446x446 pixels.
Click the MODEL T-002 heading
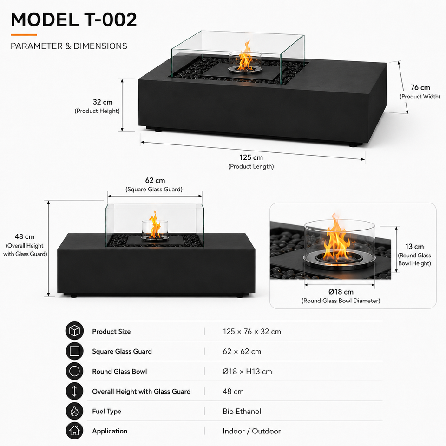point(74,20)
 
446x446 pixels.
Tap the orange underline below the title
point(24,35)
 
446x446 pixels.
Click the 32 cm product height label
point(103,102)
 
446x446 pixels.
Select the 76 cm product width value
point(420,87)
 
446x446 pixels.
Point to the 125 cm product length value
point(251,157)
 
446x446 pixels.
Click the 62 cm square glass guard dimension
point(155,180)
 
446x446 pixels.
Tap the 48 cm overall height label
point(25,236)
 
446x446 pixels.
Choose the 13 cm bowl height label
point(414,246)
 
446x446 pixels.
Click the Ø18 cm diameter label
point(341,292)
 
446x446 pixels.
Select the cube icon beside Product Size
point(74,331)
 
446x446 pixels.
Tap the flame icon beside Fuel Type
point(74,411)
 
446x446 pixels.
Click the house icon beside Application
point(74,431)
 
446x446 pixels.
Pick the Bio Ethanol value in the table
point(242,411)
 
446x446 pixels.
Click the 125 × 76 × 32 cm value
point(252,332)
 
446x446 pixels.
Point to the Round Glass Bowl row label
point(119,372)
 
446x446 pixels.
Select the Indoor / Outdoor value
point(251,431)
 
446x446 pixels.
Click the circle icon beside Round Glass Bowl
point(74,371)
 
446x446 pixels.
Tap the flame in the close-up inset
point(336,239)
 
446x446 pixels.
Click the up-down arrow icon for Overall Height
point(74,391)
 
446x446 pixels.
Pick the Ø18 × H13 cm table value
point(247,372)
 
